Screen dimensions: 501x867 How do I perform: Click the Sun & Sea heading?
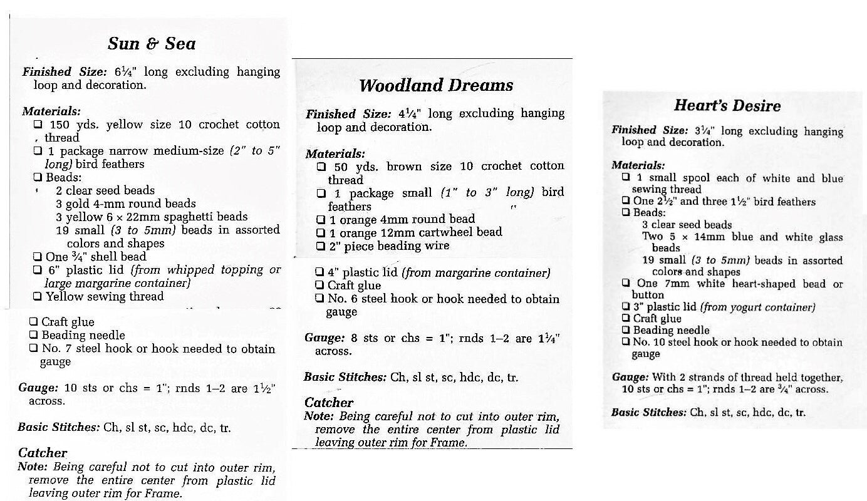click(152, 43)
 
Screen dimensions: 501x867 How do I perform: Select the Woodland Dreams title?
click(436, 85)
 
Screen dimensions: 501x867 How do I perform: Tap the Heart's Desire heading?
click(727, 105)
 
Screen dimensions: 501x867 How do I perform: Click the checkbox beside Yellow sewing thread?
click(38, 296)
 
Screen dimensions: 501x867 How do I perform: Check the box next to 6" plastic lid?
click(38, 270)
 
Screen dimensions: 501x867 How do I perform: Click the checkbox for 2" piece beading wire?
click(321, 246)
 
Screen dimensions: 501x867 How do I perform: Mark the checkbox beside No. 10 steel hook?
click(625, 342)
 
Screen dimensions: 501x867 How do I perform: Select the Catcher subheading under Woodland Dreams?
click(329, 403)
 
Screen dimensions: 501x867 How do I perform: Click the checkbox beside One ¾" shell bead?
click(38, 257)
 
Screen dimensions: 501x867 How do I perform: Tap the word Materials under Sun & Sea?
click(51, 111)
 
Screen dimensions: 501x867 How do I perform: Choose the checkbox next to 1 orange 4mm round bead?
click(321, 219)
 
